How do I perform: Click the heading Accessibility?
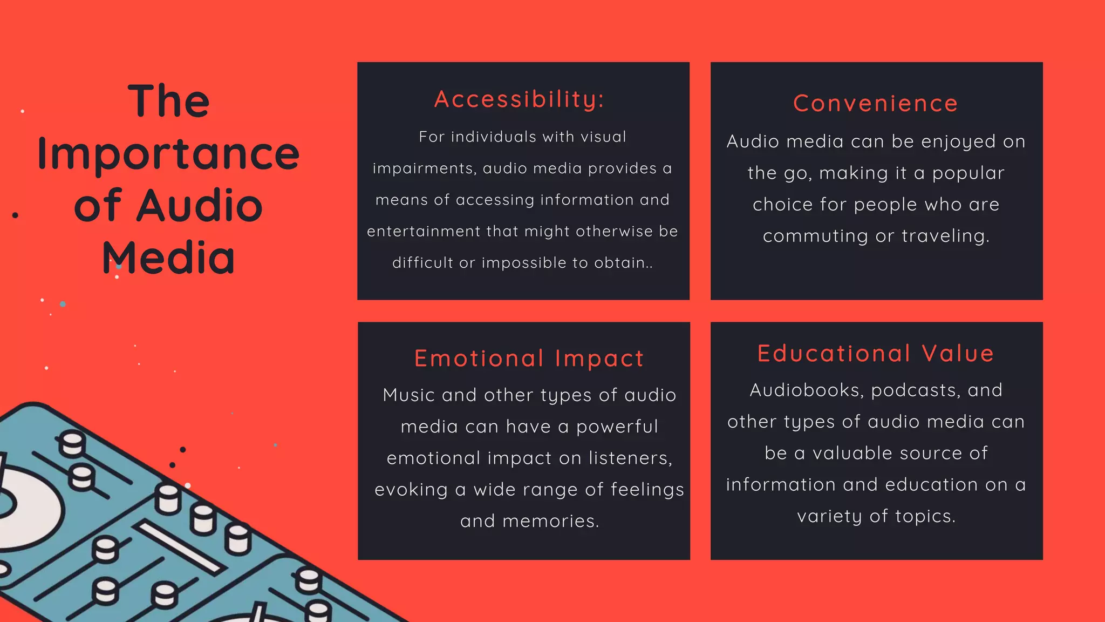(x=519, y=99)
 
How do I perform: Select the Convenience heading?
(x=875, y=103)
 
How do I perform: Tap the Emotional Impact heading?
(x=529, y=359)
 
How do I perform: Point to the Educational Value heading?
(x=876, y=354)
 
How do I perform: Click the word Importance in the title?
(x=168, y=154)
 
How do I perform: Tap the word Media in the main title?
(x=168, y=258)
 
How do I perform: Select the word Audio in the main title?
(x=199, y=206)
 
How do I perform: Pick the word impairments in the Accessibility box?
(x=424, y=168)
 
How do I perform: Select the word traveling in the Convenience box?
(x=945, y=236)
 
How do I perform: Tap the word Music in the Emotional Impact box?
(x=408, y=395)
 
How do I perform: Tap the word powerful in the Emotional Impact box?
(x=617, y=427)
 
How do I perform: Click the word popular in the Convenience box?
(x=968, y=173)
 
